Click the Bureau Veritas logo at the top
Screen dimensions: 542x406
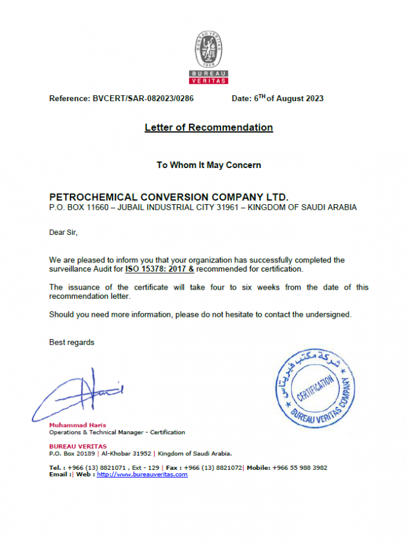[x=208, y=58]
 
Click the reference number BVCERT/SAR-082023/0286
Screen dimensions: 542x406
[x=143, y=98]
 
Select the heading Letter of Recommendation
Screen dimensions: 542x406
[x=208, y=128]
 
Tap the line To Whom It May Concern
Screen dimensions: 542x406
[x=208, y=164]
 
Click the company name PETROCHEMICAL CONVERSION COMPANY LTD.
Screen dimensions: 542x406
[x=169, y=197]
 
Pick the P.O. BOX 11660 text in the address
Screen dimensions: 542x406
[x=78, y=207]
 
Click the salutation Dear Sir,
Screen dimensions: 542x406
[x=63, y=232]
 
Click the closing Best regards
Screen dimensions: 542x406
[x=72, y=342]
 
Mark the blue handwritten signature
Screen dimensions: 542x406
[x=78, y=394]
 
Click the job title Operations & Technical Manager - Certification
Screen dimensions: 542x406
[x=117, y=432]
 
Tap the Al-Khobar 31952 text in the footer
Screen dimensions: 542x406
[x=126, y=453]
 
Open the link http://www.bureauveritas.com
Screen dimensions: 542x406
[x=142, y=475]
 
